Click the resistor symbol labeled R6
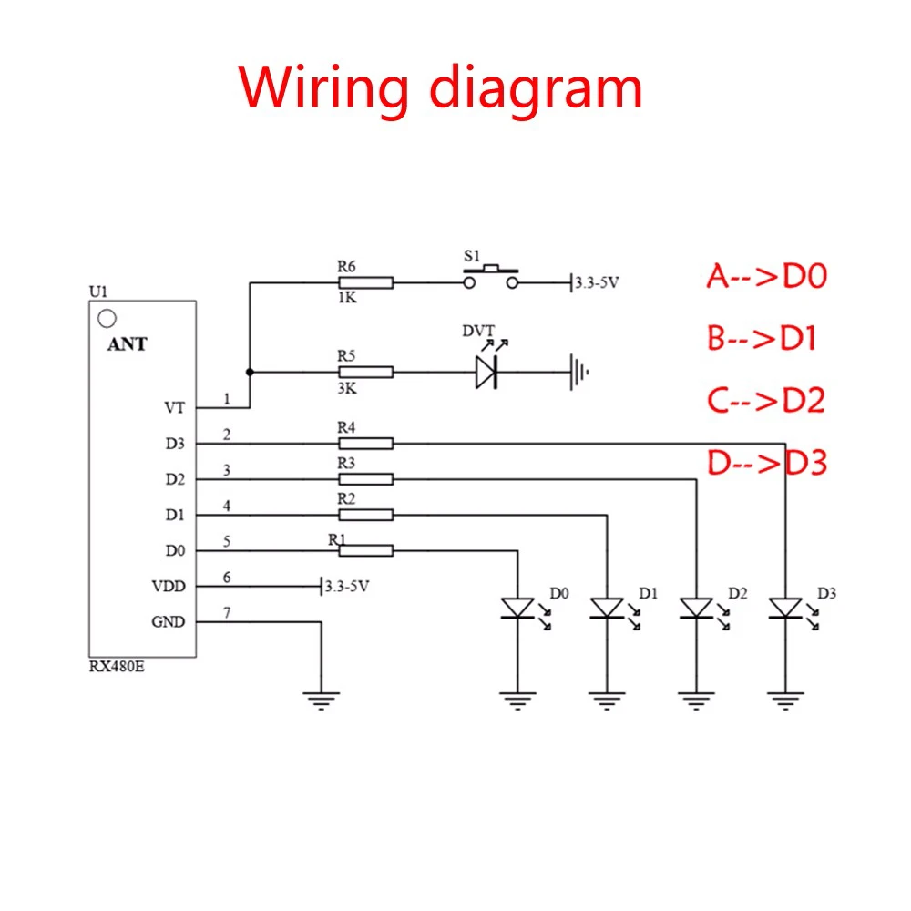tap(365, 283)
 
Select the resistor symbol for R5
tap(365, 372)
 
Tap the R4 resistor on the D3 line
tap(365, 444)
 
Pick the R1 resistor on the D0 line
tap(365, 550)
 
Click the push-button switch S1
tap(491, 277)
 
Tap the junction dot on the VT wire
tap(250, 372)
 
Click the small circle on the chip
tap(107, 318)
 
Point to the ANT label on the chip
tap(128, 344)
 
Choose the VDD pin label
tap(169, 586)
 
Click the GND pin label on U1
tap(169, 621)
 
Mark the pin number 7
tap(227, 612)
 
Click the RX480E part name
tap(117, 667)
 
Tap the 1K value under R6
tap(347, 298)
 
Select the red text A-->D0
tap(767, 276)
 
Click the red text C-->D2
tap(766, 400)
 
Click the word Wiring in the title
tap(324, 88)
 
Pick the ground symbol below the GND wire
tap(322, 701)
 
